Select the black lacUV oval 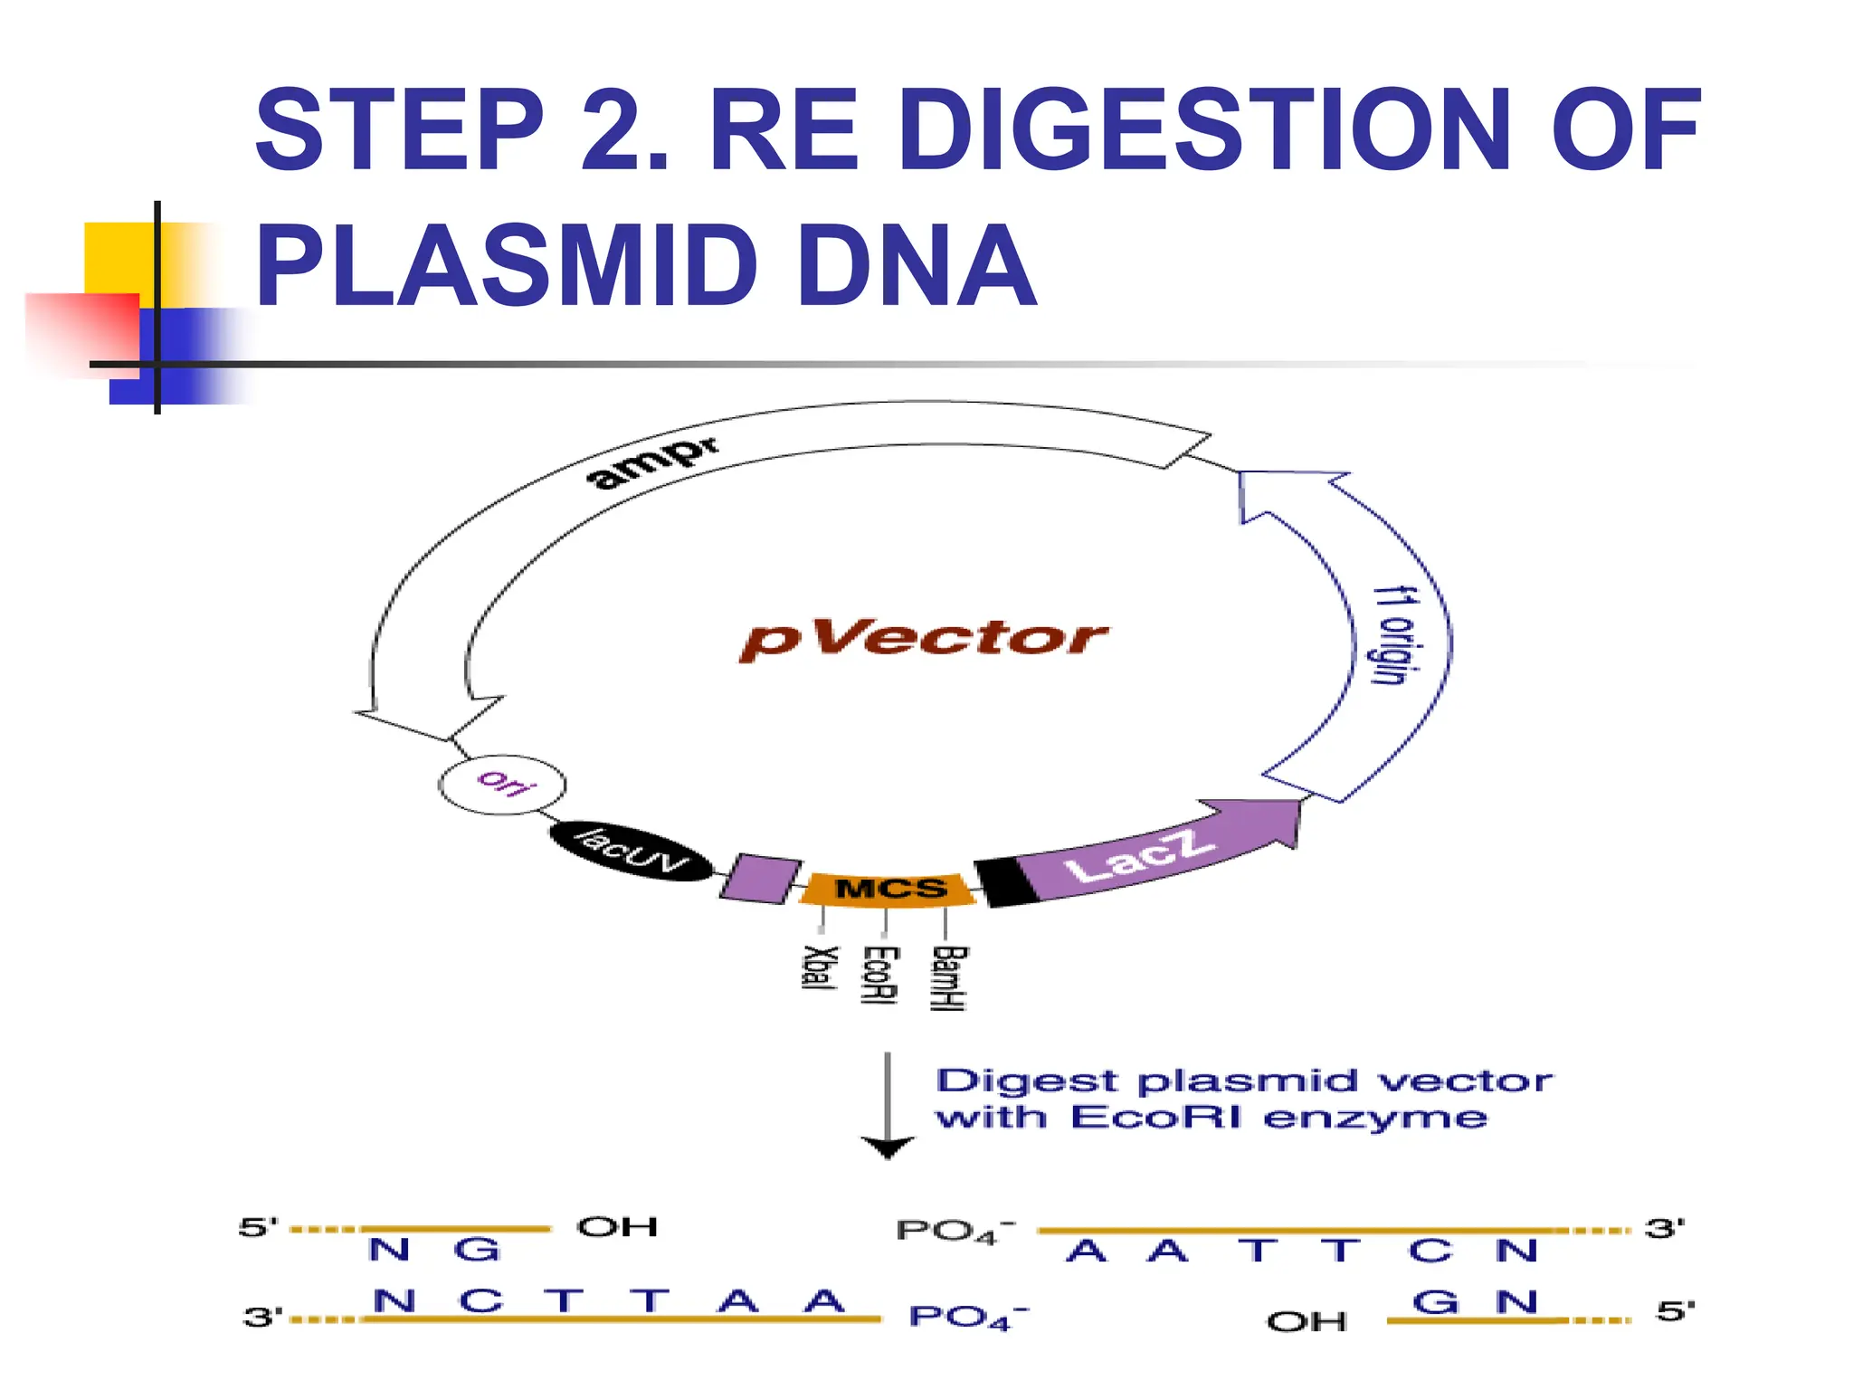[631, 852]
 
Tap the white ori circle [503, 784]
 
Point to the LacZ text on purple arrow [1138, 855]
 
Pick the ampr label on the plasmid [653, 462]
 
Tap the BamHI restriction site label [949, 978]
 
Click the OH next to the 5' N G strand [617, 1227]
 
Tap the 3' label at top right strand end [1664, 1229]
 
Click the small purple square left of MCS [761, 878]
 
